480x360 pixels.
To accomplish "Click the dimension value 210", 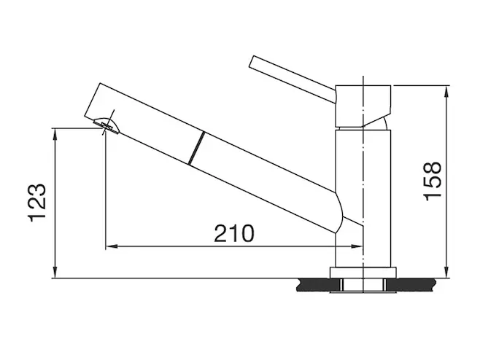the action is [x=234, y=233].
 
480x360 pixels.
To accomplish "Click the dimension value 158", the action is [x=433, y=181].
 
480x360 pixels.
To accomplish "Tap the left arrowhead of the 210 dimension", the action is [x=112, y=246].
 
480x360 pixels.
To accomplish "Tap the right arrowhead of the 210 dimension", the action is [x=357, y=246].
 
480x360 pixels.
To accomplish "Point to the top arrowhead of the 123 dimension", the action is [x=55, y=134].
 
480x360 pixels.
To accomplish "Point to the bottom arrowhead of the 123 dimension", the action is [x=55, y=273].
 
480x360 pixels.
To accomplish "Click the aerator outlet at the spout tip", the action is [x=106, y=126].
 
